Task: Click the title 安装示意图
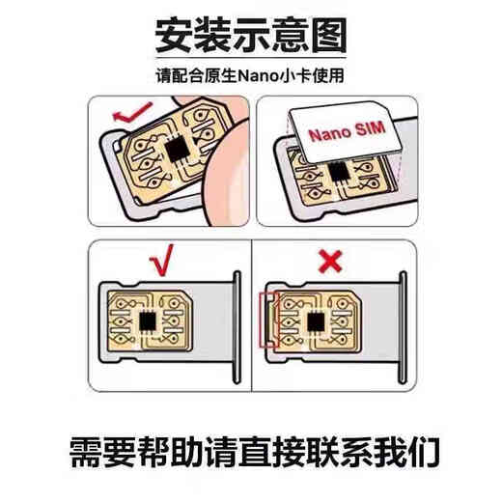pyautogui.click(x=252, y=37)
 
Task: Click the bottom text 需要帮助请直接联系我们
pyautogui.click(x=251, y=451)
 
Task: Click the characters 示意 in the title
pyautogui.click(x=268, y=37)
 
